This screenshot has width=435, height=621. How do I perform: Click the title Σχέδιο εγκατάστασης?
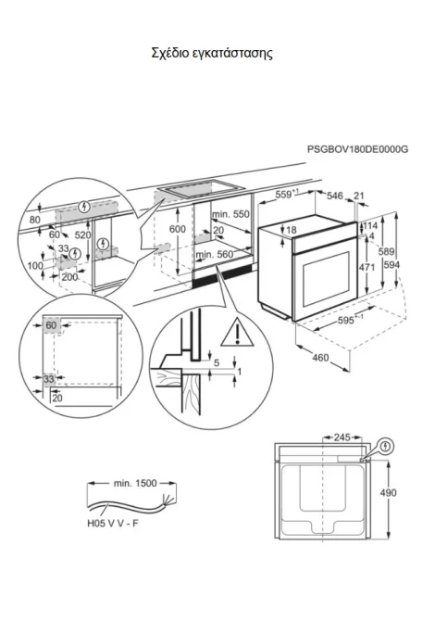212,54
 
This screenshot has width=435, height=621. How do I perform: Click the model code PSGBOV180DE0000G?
357,149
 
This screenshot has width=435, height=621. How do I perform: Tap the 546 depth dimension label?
334,196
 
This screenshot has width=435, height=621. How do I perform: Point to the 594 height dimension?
391,264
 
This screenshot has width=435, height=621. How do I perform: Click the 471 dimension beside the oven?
367,267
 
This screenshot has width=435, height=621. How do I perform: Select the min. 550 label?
231,214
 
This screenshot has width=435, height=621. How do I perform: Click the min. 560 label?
215,255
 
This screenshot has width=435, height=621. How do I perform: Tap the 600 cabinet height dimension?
177,229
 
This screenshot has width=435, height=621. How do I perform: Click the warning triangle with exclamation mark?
237,332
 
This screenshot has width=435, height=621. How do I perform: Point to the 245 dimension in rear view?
342,437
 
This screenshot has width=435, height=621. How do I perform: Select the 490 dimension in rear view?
388,493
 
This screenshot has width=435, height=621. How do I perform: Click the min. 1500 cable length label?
135,483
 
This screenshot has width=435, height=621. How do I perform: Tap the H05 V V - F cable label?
113,524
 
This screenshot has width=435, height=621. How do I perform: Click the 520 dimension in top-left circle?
82,235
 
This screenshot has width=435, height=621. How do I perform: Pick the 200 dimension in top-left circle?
69,277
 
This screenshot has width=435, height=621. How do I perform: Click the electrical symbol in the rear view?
386,447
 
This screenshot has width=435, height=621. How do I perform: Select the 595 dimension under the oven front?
346,320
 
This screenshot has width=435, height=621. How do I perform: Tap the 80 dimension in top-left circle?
35,220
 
